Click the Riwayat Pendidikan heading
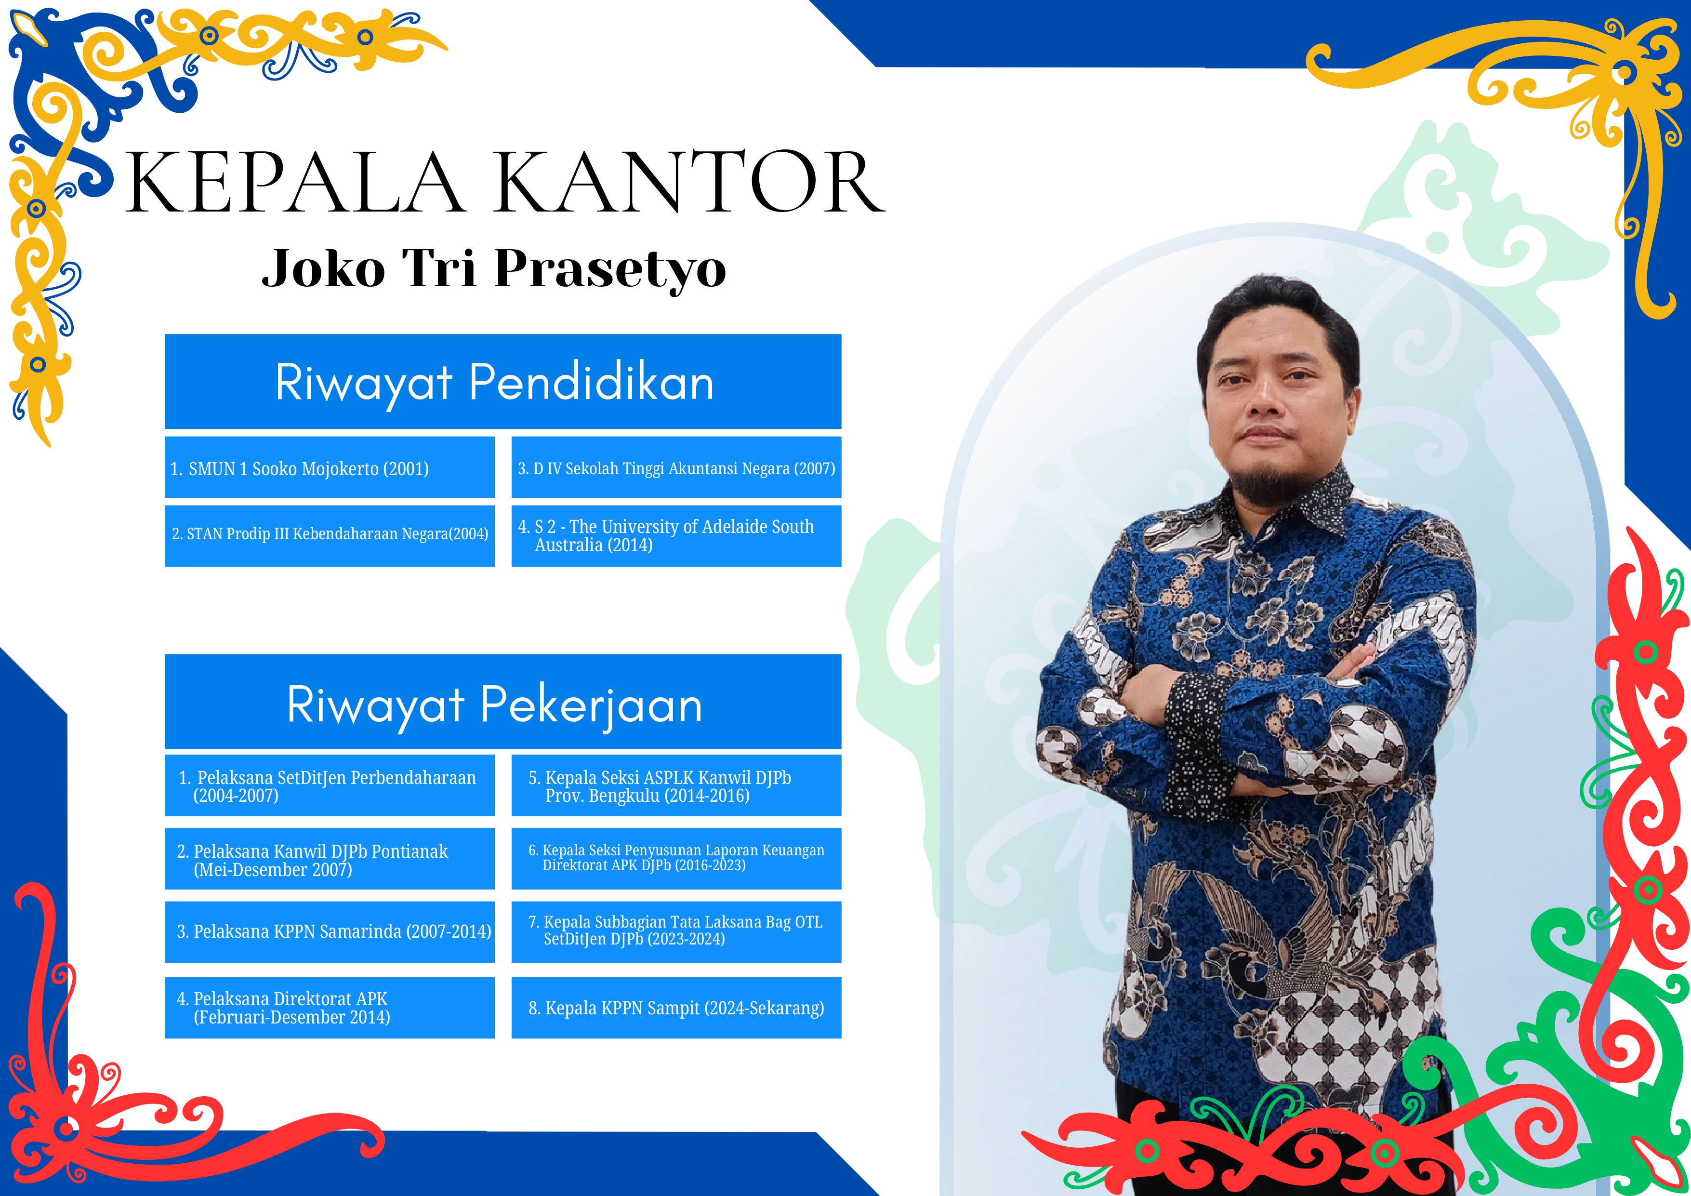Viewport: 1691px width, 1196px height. tap(495, 383)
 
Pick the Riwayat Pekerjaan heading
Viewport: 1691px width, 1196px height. tap(495, 705)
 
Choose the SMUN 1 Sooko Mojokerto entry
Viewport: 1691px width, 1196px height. tap(300, 469)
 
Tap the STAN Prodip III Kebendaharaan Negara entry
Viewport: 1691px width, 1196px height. tap(330, 534)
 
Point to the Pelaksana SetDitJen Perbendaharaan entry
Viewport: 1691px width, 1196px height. tap(328, 786)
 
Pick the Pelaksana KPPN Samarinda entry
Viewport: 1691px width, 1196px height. tap(334, 931)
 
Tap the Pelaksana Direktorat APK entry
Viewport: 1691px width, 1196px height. tap(284, 1008)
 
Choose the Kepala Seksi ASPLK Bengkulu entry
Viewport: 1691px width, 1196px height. tap(660, 786)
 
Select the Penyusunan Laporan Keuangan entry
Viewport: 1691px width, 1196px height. tap(676, 857)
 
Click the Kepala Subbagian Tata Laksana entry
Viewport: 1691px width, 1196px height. tap(675, 930)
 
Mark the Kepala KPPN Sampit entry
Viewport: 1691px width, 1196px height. tap(676, 1008)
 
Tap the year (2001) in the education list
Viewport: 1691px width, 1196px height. tap(406, 469)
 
